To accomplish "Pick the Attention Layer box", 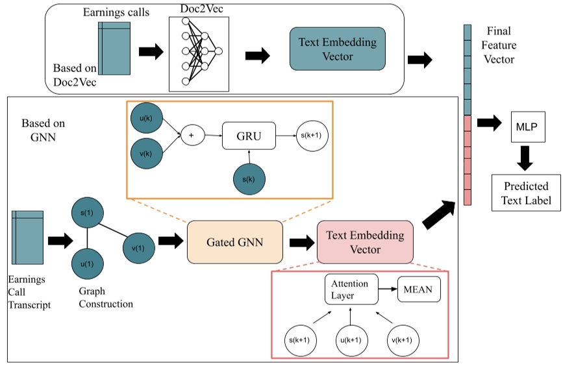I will point(351,289).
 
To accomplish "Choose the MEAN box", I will point(419,289).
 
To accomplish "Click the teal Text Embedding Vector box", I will point(337,49).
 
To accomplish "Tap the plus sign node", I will point(192,136).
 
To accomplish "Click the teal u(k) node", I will point(146,119).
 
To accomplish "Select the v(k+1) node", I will point(405,339).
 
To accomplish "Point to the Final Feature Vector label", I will point(499,45).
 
